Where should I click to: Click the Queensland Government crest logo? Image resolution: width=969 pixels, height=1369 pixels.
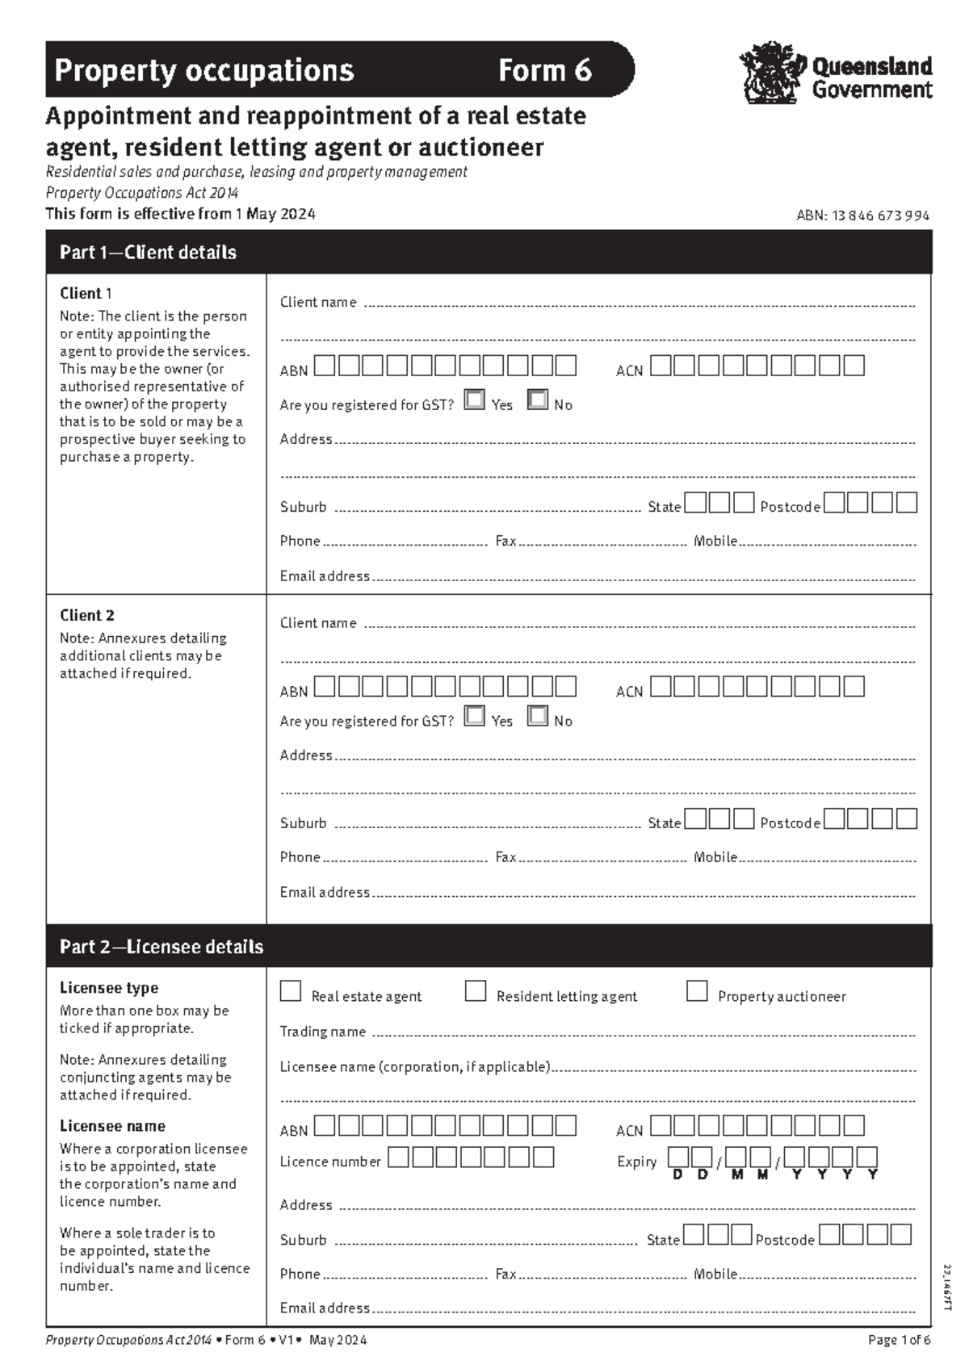pos(772,73)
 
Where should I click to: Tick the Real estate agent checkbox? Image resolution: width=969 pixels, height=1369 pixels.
pos(291,991)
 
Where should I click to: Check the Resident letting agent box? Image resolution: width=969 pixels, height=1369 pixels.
pos(476,991)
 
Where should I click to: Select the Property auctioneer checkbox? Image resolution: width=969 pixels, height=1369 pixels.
pos(697,991)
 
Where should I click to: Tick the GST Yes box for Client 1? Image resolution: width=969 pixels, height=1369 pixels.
pos(475,400)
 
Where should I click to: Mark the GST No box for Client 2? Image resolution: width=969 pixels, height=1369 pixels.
pos(538,716)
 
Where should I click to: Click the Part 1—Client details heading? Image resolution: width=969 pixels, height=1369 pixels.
pos(148,253)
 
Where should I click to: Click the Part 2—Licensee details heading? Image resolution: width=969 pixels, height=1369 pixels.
pos(161,947)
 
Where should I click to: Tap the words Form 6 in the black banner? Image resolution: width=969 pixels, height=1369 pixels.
pos(544,71)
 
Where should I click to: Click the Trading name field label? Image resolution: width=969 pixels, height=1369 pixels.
pos(322,1032)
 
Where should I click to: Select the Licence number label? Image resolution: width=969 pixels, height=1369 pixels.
pos(329,1162)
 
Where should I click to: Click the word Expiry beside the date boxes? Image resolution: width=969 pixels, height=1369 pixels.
pos(637,1162)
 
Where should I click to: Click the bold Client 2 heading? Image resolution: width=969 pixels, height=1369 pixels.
pos(87,615)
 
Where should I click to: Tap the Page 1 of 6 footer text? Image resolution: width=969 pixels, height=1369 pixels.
pos(899,1340)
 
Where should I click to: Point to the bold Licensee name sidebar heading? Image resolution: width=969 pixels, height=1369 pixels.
pos(112,1126)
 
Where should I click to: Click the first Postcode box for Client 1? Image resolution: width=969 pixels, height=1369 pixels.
pos(834,504)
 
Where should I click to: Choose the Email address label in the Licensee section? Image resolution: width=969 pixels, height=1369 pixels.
pos(325,1308)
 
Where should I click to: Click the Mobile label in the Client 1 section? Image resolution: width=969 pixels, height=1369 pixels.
pos(715,541)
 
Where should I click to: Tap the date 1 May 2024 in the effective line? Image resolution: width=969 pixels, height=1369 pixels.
pos(275,214)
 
